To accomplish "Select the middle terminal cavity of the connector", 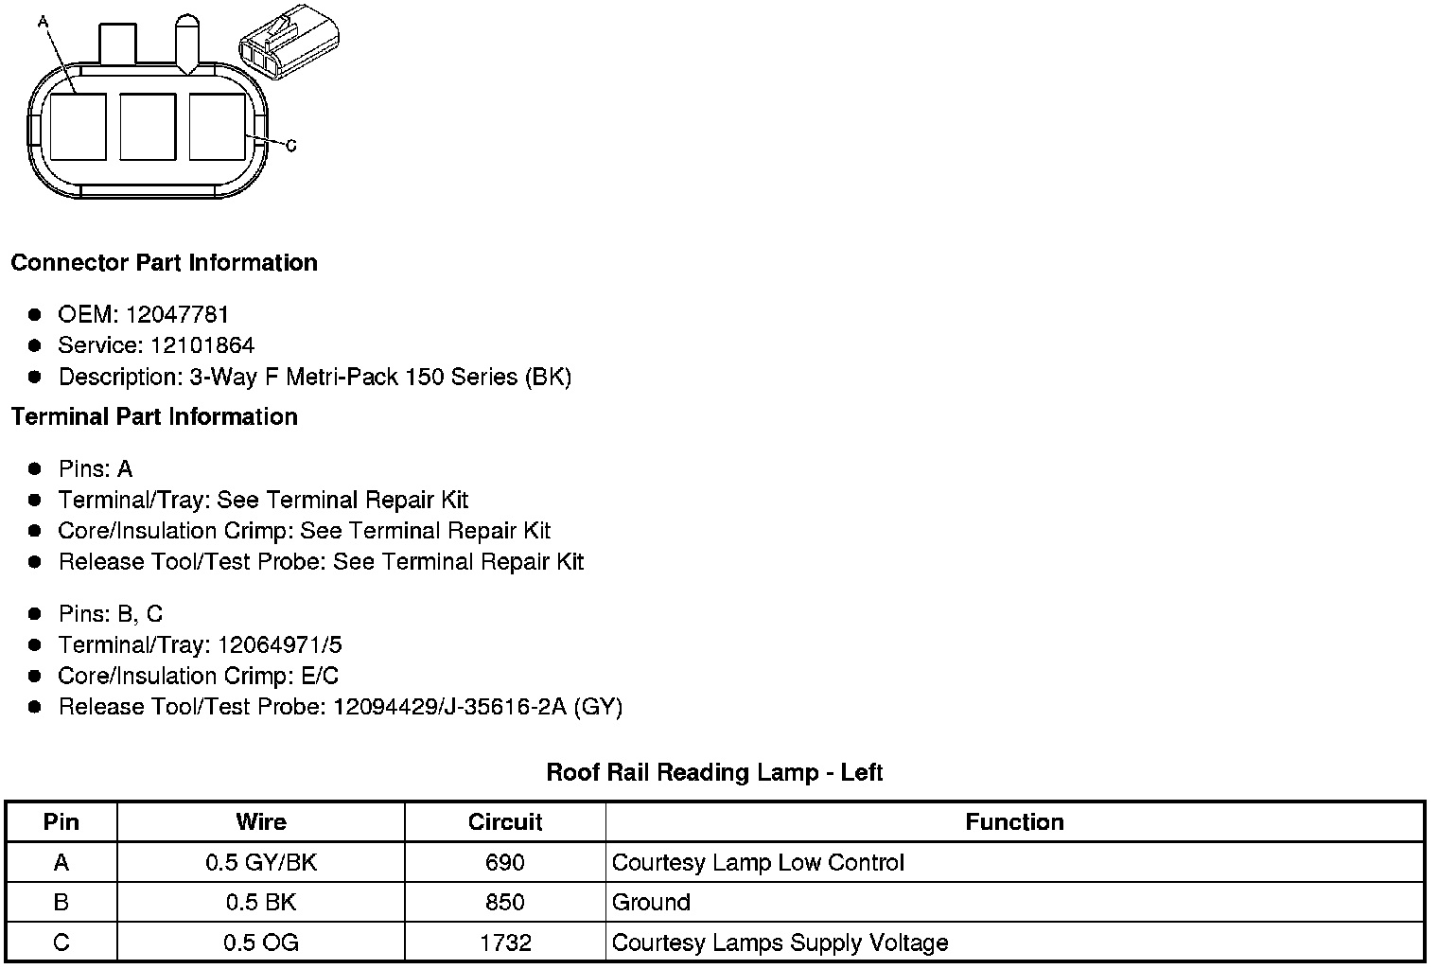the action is coord(148,127).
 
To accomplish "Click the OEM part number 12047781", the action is coord(178,314).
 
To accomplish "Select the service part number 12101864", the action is coord(202,345).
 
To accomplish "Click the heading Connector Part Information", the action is coord(164,262).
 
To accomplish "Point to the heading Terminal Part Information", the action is coord(154,416).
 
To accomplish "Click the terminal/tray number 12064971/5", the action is coord(280,644).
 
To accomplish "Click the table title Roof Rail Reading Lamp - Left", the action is coord(714,772).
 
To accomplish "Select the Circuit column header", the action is coord(505,821).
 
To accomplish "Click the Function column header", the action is coord(1014,821).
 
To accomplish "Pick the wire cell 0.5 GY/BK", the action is coord(260,862).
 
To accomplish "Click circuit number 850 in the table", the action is coord(505,902).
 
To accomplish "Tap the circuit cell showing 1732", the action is coord(505,943).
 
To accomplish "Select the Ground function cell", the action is coord(651,902).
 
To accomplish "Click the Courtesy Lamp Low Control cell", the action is coord(758,862).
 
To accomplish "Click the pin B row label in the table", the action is coord(61,902).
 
